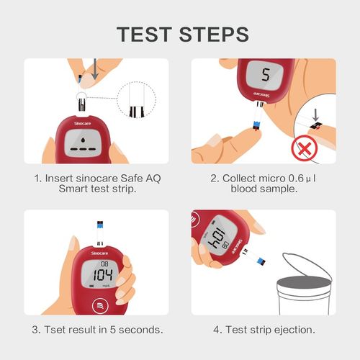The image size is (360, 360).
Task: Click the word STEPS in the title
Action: tap(215, 34)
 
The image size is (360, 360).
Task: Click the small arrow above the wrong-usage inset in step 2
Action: tap(315, 114)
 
